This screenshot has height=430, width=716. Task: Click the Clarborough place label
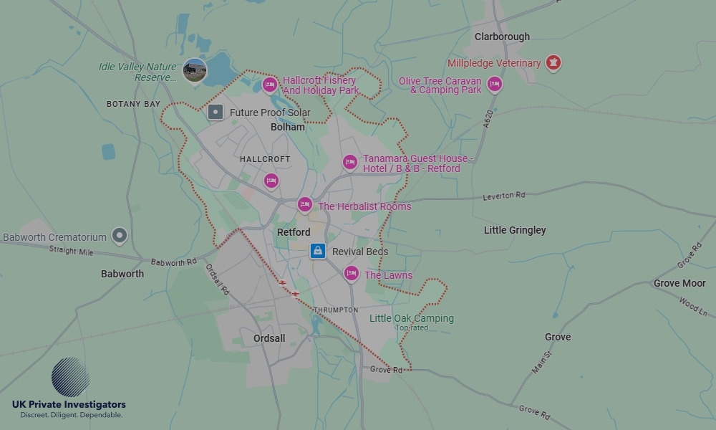(x=502, y=37)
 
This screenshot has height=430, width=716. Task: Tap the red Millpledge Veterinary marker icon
(x=553, y=63)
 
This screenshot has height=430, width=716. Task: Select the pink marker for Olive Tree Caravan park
(x=494, y=85)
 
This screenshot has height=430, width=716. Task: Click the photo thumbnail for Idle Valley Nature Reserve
(x=195, y=70)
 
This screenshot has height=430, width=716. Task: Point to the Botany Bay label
(x=134, y=105)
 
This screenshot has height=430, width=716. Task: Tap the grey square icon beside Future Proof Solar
(x=216, y=112)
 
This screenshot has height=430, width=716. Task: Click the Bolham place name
(x=288, y=127)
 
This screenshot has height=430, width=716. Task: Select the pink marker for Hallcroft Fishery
(x=270, y=85)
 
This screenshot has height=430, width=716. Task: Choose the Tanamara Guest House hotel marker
(x=349, y=163)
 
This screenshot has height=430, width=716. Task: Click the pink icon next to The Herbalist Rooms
(x=305, y=205)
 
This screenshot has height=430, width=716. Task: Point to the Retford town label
(x=294, y=232)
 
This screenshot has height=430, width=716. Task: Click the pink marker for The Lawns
(x=351, y=273)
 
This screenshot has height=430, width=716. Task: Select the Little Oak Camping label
(x=411, y=318)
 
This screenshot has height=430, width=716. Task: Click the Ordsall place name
(x=269, y=338)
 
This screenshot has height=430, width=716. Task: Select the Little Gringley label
(x=515, y=230)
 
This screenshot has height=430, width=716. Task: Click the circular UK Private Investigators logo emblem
(x=70, y=377)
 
